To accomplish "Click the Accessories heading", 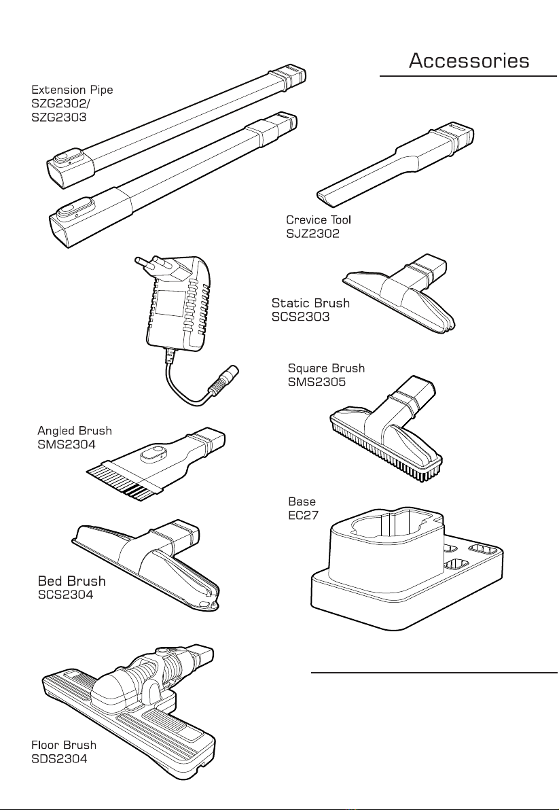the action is (469, 61).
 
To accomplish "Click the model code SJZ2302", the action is (313, 234).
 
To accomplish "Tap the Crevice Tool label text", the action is (319, 219).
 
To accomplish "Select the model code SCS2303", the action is (300, 317).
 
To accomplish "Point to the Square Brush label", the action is (326, 368).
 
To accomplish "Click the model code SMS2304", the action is (67, 444).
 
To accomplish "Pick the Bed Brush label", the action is (72, 581).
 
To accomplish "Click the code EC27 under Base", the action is (304, 515).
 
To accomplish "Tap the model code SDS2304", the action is (59, 759).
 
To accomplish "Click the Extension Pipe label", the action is (72, 90).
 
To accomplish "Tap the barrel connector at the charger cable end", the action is (226, 379).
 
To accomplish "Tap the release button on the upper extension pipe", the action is (66, 158).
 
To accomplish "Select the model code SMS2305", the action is (317, 383).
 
